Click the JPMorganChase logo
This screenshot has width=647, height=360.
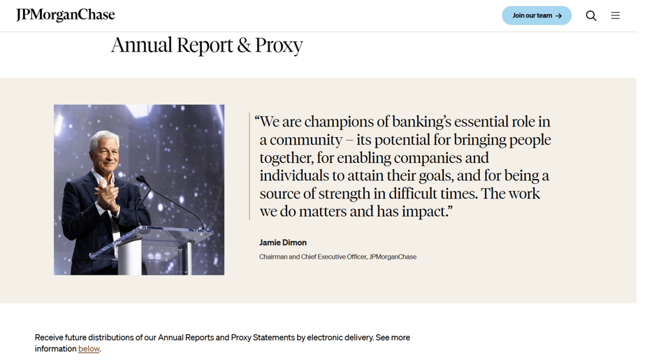click(66, 15)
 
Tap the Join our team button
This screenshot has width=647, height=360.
click(536, 15)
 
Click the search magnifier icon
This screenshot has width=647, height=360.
click(591, 15)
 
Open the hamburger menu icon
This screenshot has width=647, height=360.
click(615, 15)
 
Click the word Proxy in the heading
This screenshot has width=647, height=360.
click(279, 45)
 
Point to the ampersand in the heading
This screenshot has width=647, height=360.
click(244, 45)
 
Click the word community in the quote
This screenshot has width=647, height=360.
click(306, 140)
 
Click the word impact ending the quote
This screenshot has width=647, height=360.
click(428, 212)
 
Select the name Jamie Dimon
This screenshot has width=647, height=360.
click(283, 243)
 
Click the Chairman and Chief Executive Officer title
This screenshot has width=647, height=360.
click(313, 257)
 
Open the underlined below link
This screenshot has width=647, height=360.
click(89, 349)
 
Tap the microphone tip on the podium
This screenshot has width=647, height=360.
click(139, 179)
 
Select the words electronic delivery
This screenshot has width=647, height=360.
click(340, 338)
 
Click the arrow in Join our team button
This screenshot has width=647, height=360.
click(558, 15)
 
